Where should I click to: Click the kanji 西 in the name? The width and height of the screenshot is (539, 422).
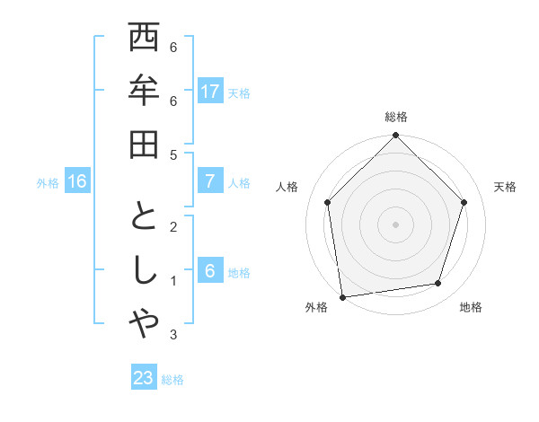(145, 39)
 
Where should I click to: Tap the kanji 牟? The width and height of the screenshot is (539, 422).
(145, 92)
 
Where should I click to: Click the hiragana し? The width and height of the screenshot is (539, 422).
(145, 270)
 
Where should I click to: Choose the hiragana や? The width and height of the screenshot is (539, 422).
(145, 323)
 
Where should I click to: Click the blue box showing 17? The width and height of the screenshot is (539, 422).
(210, 91)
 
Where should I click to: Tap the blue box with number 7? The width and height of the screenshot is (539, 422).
(210, 181)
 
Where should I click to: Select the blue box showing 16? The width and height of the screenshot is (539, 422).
(77, 181)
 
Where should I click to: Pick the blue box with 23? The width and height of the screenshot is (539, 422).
(144, 378)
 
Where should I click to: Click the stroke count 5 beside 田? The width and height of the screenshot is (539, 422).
(173, 155)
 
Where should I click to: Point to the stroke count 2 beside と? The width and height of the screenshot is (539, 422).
(173, 227)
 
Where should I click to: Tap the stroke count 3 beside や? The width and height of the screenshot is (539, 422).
(173, 335)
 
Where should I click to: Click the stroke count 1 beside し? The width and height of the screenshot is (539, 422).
(173, 281)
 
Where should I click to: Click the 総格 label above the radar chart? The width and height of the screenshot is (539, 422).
(395, 118)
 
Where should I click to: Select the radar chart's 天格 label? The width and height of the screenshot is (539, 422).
(506, 187)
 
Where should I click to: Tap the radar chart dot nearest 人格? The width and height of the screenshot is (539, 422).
(328, 202)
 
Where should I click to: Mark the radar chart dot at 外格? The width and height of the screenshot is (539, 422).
(342, 297)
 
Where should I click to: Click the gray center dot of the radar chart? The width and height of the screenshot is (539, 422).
(395, 224)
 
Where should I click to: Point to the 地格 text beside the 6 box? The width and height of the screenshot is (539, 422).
(240, 273)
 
